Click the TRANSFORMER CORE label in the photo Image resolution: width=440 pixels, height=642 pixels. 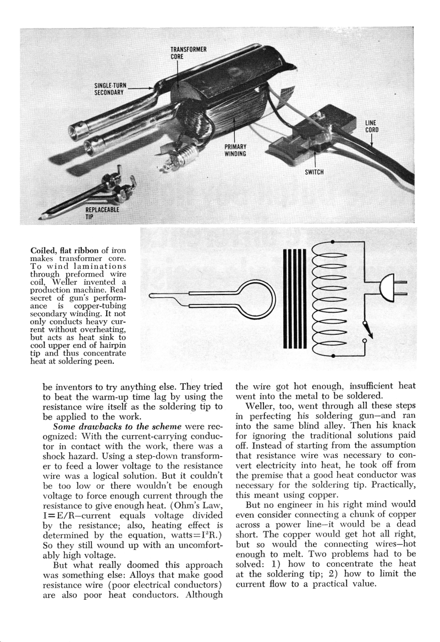pos(188,53)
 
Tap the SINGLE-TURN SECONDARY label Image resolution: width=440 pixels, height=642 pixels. pos(111,88)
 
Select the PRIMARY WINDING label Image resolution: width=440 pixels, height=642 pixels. pos(235,150)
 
